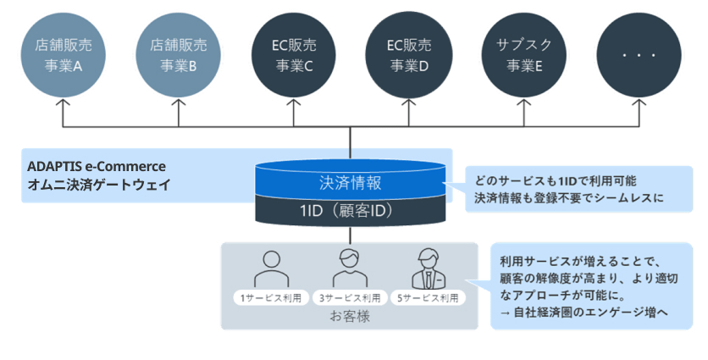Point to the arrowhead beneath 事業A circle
(x=60, y=104)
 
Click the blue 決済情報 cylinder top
(x=350, y=180)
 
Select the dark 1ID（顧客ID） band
(x=350, y=209)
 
